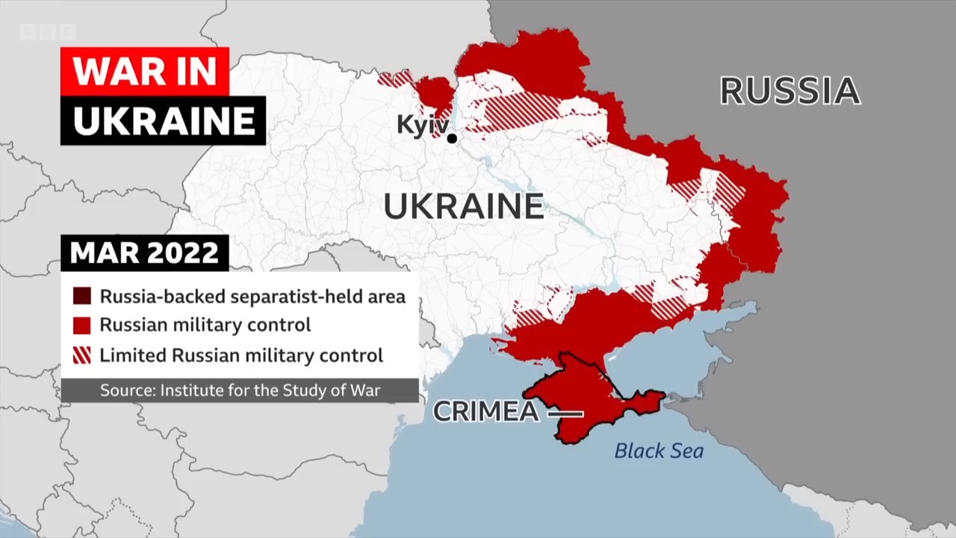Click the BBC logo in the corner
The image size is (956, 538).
(47, 32)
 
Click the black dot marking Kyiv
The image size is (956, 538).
(452, 138)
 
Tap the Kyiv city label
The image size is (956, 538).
(422, 124)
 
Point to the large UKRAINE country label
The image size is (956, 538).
(464, 206)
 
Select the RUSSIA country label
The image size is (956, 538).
(789, 91)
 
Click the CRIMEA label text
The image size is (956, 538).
(485, 412)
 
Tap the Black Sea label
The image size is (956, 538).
(659, 451)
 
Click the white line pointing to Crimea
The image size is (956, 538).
(565, 413)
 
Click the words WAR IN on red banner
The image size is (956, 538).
(144, 71)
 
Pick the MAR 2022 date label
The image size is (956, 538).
(144, 253)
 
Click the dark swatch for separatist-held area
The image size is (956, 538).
(82, 297)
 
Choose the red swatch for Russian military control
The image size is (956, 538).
(82, 325)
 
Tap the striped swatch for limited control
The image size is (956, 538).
(82, 355)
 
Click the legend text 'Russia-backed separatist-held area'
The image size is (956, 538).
(252, 297)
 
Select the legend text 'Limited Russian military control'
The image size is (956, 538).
(240, 355)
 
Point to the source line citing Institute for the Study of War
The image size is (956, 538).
(240, 390)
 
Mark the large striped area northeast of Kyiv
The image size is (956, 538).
(523, 111)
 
